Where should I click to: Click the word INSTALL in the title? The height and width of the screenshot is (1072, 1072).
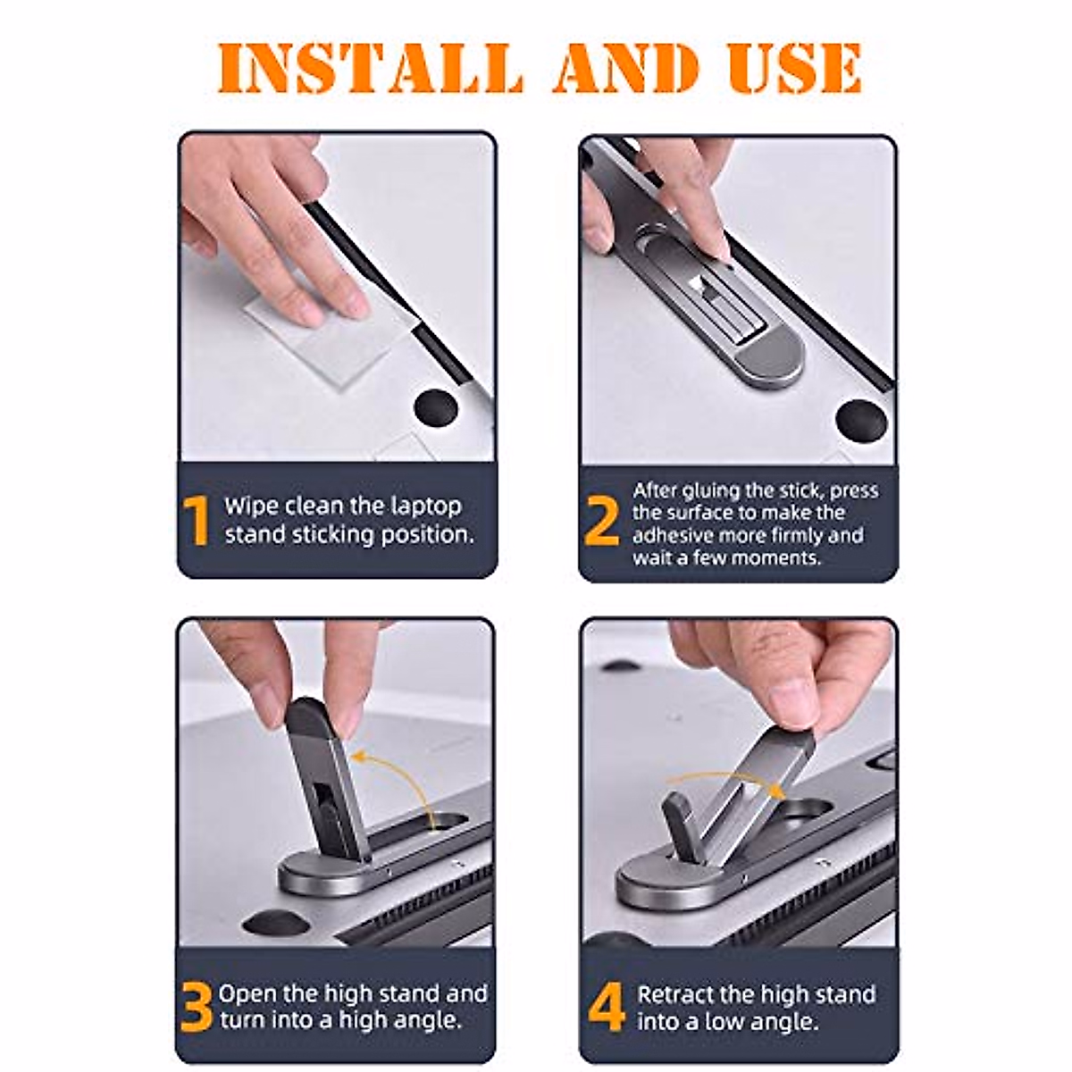370,68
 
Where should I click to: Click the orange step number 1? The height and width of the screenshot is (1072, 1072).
196,520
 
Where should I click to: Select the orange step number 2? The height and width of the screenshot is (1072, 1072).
602,520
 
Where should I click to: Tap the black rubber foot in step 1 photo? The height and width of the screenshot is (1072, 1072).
436,409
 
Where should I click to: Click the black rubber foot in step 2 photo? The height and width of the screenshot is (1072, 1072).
861,421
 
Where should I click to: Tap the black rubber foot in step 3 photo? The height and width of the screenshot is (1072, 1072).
276,925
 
